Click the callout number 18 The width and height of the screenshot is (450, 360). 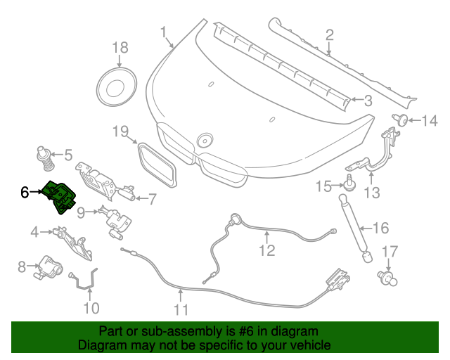pos(120,48)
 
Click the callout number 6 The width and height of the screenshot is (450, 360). pos(25,191)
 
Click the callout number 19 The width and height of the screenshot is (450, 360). pos(120,131)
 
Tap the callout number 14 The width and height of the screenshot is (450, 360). pos(429,121)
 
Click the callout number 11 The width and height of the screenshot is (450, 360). pos(181,310)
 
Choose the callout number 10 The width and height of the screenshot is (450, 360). pos(91,308)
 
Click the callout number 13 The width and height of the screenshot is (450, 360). pos(371,192)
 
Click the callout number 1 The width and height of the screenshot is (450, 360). pos(164,32)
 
